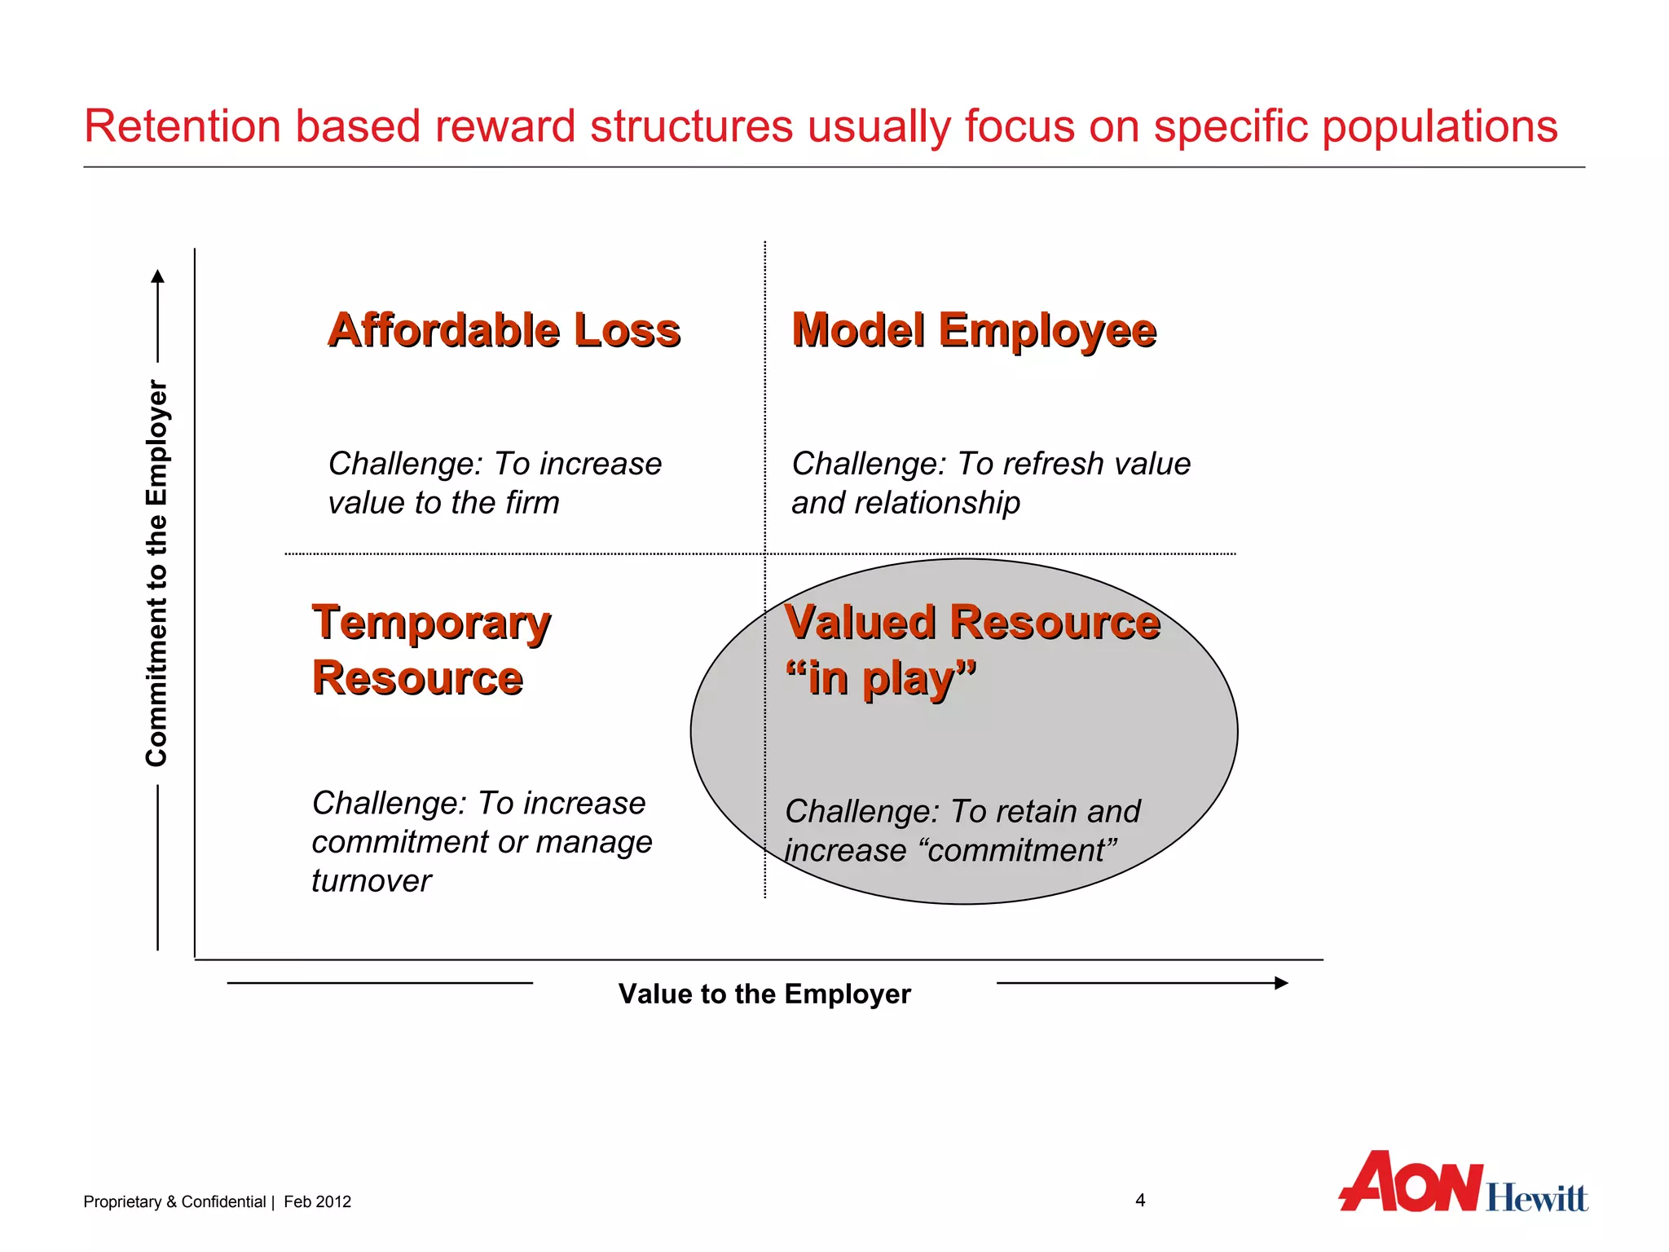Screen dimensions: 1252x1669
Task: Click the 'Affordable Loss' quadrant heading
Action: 504,330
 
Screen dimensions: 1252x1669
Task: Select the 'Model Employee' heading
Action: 974,330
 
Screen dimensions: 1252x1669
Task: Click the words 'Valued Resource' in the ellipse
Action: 971,623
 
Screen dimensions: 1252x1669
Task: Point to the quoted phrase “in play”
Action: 880,678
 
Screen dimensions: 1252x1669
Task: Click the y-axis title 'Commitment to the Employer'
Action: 156,572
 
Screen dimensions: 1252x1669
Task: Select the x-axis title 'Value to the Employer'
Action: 764,994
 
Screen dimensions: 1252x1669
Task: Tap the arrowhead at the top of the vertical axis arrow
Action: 158,276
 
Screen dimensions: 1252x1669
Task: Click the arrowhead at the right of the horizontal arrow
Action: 1281,983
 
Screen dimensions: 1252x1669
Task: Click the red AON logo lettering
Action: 1410,1183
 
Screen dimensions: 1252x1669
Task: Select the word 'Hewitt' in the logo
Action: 1536,1197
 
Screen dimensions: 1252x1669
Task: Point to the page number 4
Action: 1140,1200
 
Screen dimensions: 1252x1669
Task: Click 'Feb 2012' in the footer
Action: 317,1201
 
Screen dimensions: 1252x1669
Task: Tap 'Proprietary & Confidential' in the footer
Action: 174,1201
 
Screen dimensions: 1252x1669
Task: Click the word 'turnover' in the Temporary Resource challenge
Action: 372,881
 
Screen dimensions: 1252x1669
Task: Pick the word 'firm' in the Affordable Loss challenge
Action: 532,503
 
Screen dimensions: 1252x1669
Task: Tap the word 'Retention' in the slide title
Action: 183,127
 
